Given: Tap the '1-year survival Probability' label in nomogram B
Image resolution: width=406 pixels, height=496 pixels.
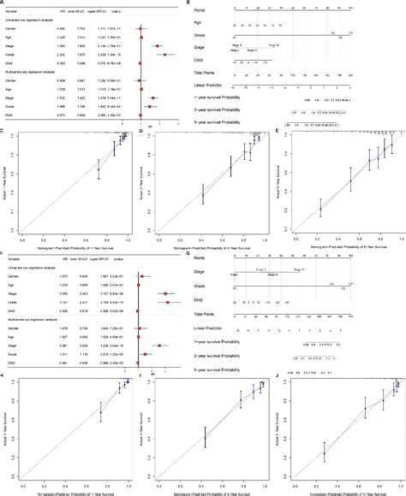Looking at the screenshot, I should tap(236, 97).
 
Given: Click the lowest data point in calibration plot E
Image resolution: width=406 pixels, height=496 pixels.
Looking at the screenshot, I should tap(321, 208).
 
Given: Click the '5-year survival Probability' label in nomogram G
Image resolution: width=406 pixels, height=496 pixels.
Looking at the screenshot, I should tap(236, 361).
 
